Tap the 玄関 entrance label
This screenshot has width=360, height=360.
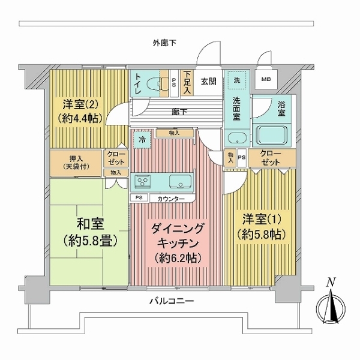click(209, 81)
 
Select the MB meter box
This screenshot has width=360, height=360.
click(266, 79)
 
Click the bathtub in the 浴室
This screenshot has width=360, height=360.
click(272, 135)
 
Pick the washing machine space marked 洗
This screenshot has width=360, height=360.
click(237, 80)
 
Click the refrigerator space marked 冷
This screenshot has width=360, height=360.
click(142, 140)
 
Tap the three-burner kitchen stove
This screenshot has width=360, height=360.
click(142, 181)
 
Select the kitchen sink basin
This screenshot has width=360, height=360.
click(181, 182)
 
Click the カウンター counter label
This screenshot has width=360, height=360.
click(171, 199)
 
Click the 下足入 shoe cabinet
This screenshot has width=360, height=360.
click(187, 83)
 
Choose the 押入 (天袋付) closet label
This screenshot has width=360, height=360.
click(76, 163)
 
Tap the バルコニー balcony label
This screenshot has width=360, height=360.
click(172, 301)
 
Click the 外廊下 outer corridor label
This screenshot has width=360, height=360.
click(164, 43)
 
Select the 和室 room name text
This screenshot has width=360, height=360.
click(90, 224)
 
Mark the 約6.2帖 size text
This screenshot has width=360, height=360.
click(178, 259)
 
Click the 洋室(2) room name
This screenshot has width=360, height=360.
click(81, 105)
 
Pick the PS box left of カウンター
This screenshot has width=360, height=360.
click(139, 198)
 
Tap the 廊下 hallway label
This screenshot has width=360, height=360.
click(179, 112)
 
